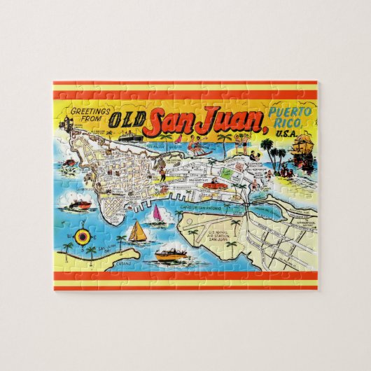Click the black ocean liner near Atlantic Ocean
point(129,136)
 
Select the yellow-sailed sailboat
point(138,231)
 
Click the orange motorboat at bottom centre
point(169,253)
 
